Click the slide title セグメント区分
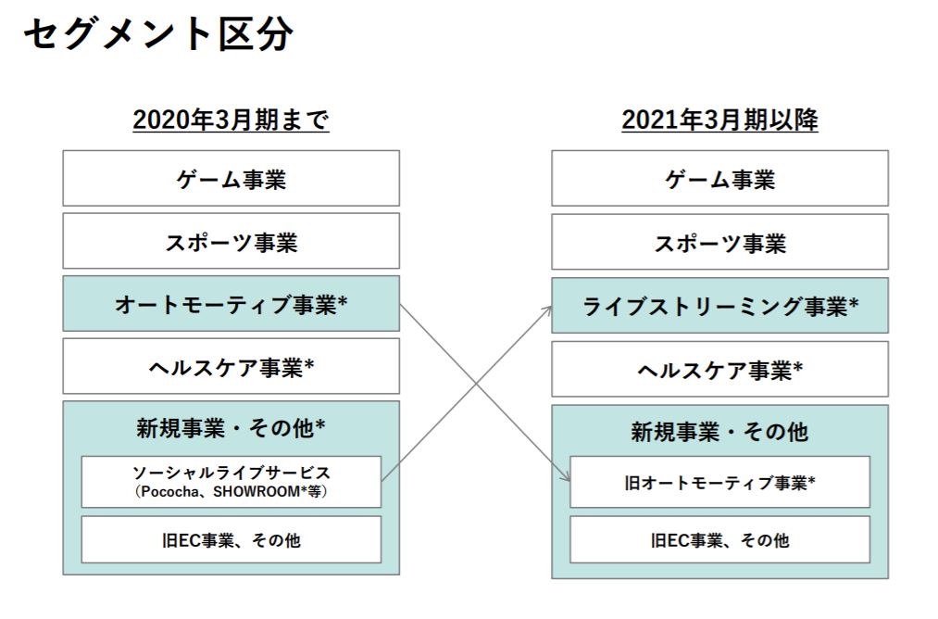158,33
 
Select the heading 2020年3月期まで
231,120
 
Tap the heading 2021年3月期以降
719,120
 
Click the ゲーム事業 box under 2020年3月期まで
231,179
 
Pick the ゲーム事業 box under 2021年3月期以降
719,179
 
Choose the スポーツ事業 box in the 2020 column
231,241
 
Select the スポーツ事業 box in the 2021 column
719,242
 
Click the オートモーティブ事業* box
231,304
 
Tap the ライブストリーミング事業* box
719,305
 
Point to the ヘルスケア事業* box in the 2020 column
231,366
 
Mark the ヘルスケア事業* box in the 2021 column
719,369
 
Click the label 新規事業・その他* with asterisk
231,428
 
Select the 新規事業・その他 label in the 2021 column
719,432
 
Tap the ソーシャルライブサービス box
231,482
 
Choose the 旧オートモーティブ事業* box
719,482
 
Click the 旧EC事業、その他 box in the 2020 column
231,540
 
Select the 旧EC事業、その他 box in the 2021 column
719,540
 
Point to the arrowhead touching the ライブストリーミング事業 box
547,310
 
